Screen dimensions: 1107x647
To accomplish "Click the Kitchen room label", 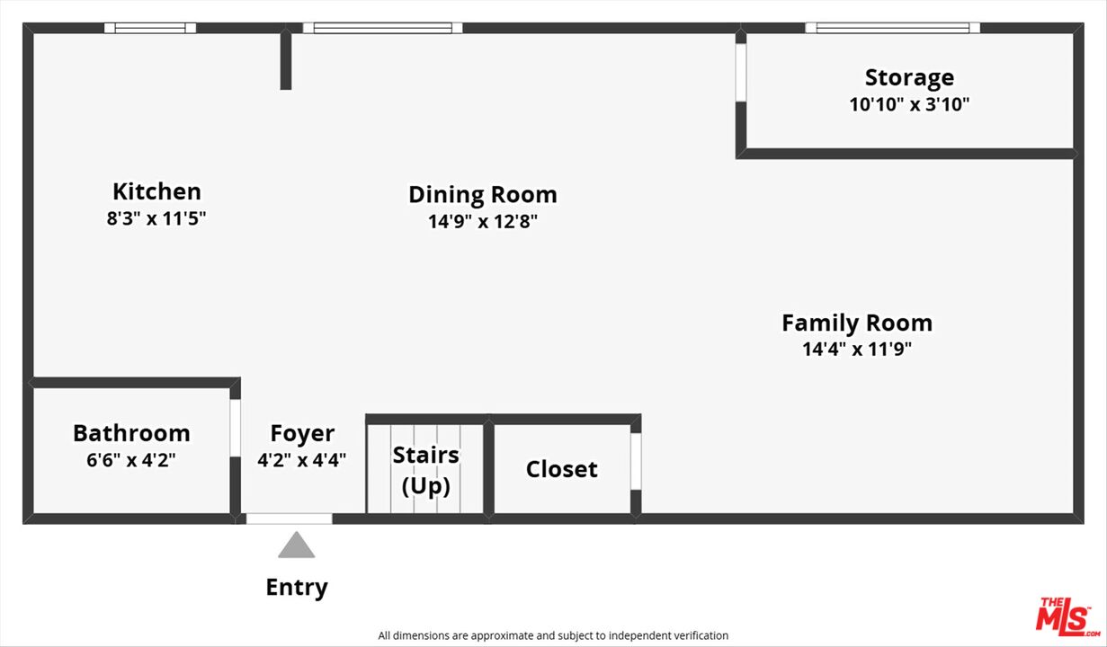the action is pos(156,191).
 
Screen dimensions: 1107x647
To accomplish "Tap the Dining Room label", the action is pos(483,195).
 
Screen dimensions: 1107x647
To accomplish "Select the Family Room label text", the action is pos(857,323).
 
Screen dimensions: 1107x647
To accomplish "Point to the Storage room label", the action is pos(909,78).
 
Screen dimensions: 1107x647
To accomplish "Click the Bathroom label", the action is pos(131,434).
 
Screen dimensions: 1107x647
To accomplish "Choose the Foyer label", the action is pos(302,434).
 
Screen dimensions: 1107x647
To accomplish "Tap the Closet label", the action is pos(561,469).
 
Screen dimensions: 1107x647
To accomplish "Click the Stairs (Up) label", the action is pos(425,471).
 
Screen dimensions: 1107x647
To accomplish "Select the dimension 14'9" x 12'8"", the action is pos(483,221).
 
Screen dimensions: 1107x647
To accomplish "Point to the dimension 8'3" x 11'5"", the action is pos(156,218).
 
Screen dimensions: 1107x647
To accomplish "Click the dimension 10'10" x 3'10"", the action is pos(909,105).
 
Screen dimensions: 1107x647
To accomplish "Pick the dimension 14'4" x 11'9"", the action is pos(857,350).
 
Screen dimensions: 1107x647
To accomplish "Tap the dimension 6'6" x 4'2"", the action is pos(131,460).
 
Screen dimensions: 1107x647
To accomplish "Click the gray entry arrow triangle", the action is pos(296,545).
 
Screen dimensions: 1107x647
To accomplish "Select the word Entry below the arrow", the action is pos(297,588).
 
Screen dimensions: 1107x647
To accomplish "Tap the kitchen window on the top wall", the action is pos(150,28).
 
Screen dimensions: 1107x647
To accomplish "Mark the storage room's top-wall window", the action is pos(892,28).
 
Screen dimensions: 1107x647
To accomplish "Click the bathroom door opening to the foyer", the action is pos(236,428).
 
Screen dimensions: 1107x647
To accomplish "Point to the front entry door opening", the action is pos(289,518).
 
